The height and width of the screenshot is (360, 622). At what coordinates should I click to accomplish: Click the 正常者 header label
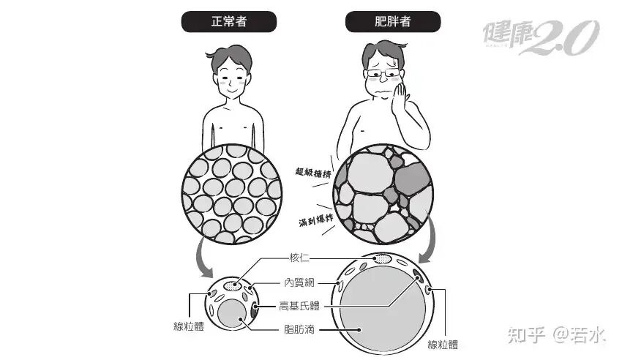pyautogui.click(x=229, y=21)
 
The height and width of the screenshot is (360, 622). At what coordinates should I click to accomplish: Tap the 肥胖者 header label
pyautogui.click(x=393, y=21)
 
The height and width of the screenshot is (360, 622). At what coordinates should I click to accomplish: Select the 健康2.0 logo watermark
pyautogui.click(x=541, y=37)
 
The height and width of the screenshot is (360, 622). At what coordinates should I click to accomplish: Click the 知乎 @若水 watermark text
pyautogui.click(x=557, y=335)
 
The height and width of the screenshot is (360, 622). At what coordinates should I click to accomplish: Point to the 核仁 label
pyautogui.click(x=299, y=258)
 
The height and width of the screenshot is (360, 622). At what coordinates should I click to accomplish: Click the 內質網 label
pyautogui.click(x=299, y=282)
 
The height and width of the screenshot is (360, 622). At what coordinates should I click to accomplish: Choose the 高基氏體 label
pyautogui.click(x=299, y=306)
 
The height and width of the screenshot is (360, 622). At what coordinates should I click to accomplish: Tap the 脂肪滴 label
pyautogui.click(x=299, y=329)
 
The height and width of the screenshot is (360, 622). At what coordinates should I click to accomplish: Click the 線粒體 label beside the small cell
pyautogui.click(x=189, y=326)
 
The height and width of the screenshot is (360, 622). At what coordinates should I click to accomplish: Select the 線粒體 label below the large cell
pyautogui.click(x=443, y=345)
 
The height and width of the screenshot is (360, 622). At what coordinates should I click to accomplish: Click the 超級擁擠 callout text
pyautogui.click(x=313, y=173)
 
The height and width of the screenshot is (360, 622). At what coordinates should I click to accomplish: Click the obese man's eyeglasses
pyautogui.click(x=383, y=73)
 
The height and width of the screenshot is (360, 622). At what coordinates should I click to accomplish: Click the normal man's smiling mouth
pyautogui.click(x=233, y=91)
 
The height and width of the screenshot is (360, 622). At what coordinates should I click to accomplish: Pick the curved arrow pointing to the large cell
pyautogui.click(x=430, y=240)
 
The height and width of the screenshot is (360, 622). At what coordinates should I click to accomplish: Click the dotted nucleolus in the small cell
pyautogui.click(x=233, y=285)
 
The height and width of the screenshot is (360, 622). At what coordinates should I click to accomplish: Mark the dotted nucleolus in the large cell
pyautogui.click(x=383, y=259)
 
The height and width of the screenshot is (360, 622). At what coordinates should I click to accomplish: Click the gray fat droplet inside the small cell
pyautogui.click(x=232, y=314)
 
